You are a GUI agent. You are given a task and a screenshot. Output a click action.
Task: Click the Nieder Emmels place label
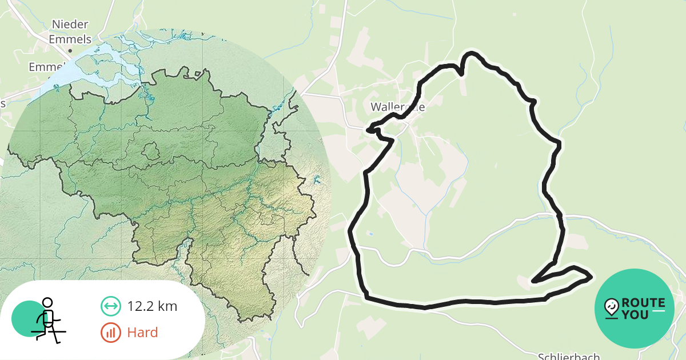[x=70, y=31]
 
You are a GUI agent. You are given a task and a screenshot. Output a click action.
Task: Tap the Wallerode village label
[x=397, y=107]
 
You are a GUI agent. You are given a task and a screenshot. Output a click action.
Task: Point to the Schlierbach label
[x=569, y=356]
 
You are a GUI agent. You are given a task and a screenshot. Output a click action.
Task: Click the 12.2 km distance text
[x=152, y=306]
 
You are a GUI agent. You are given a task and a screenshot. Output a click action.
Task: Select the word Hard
[x=142, y=332]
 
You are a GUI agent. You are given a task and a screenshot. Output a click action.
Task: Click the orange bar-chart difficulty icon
[x=110, y=333]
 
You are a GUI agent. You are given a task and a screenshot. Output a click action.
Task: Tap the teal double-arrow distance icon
[x=110, y=306]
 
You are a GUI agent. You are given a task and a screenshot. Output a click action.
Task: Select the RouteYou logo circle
[x=635, y=309]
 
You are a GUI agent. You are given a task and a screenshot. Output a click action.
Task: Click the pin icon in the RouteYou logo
[x=612, y=308]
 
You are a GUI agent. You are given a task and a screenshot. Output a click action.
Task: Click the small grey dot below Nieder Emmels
[x=70, y=50]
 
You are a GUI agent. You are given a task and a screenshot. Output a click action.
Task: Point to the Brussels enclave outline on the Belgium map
[x=150, y=152]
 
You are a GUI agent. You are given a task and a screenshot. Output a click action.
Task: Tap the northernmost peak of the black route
[x=471, y=54]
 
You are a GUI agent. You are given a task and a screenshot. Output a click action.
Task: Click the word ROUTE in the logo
[x=643, y=303]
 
